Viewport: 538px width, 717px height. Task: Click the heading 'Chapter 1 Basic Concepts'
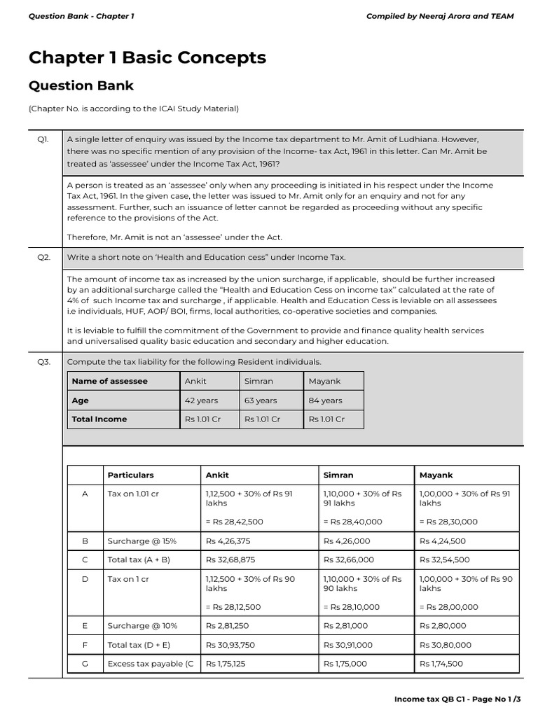pos(147,57)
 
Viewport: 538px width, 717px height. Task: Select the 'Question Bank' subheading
pos(81,86)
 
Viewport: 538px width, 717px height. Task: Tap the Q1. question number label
pos(43,140)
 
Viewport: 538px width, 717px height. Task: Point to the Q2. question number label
pos(43,258)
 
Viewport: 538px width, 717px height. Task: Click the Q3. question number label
pos(43,362)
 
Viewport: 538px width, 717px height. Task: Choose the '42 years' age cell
pos(201,401)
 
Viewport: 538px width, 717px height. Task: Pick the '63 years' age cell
pos(261,401)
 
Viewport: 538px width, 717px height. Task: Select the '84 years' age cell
pos(325,401)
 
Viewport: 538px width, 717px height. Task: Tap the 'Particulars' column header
pos(130,475)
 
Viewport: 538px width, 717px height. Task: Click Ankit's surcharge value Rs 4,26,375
pos(228,541)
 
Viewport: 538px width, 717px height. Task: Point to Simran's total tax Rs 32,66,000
pos(348,560)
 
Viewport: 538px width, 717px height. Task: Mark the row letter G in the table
pos(85,664)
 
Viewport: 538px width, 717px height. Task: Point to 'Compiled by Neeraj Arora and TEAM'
pos(439,16)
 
